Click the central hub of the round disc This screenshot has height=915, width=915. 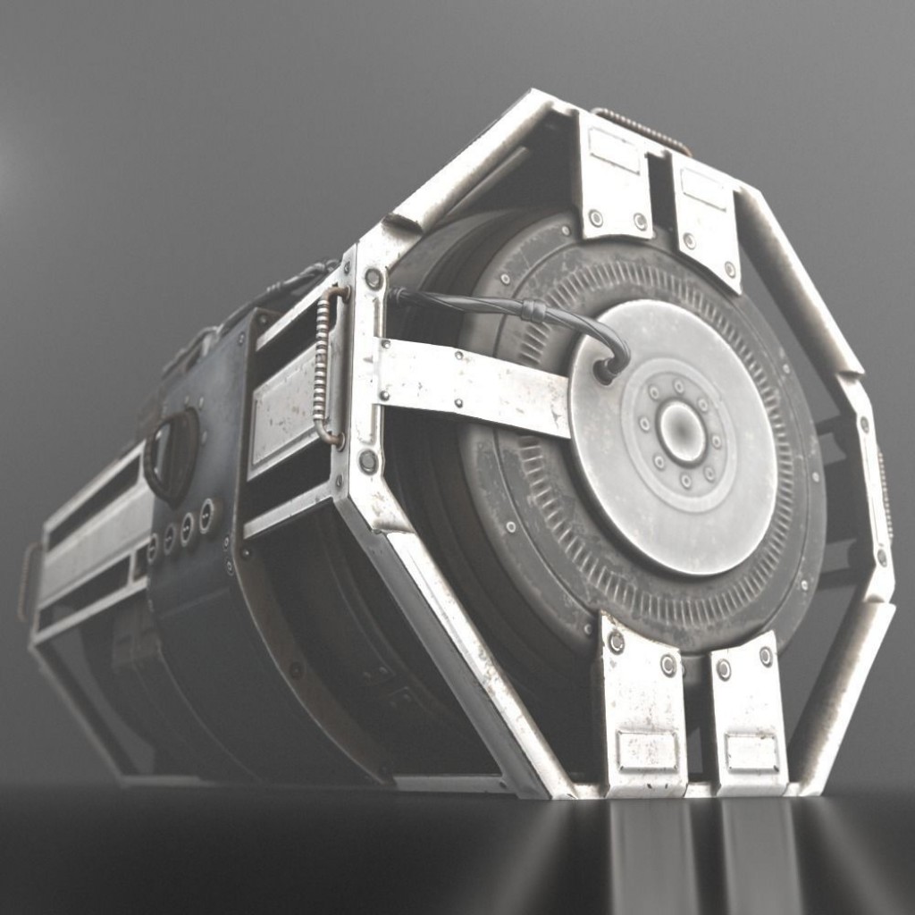(x=681, y=433)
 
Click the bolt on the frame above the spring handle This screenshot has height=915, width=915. (x=374, y=278)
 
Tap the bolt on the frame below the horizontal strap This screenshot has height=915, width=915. (x=367, y=461)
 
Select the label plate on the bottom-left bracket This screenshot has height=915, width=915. (x=647, y=751)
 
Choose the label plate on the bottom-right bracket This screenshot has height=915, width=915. (x=751, y=752)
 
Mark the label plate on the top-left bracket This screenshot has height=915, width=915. (x=614, y=149)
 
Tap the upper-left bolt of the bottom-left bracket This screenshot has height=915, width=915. (x=616, y=642)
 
